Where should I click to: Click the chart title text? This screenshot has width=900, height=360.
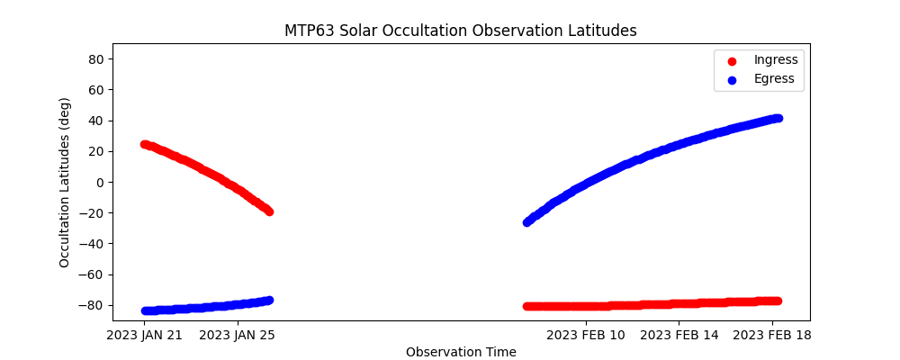pos(460,31)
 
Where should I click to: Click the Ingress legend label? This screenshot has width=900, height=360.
pos(776,59)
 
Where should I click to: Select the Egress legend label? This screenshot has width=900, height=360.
pos(774,78)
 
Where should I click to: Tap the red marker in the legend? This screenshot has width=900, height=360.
pos(732,61)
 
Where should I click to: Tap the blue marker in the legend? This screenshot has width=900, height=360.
pos(732,80)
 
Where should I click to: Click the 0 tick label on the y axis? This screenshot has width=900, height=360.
pos(101,183)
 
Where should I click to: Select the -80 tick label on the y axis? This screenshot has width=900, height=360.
pos(92,305)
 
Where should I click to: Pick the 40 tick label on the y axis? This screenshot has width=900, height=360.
pos(96,121)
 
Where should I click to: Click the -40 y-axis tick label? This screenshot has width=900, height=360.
pos(92,244)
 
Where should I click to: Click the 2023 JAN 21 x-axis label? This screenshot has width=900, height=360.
pos(145,336)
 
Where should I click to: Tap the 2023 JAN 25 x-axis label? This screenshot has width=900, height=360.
pos(237,336)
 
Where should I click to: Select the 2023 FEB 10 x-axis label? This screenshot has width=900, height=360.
pos(586,336)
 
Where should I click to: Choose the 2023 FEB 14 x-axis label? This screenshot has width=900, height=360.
pos(679,336)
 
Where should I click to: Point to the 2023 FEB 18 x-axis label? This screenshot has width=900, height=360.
pos(772,336)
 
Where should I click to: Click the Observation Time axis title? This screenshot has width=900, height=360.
pos(461,352)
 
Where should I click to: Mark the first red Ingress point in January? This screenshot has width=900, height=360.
pos(145,145)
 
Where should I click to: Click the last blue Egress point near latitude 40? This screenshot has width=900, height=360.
pos(778,118)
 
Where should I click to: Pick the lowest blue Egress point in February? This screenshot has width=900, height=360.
pos(526,222)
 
